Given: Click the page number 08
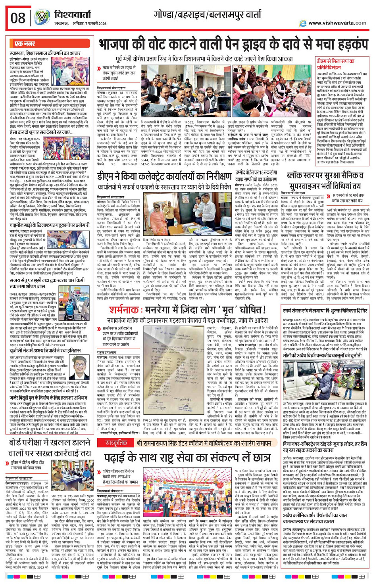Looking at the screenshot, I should (18, 18).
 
